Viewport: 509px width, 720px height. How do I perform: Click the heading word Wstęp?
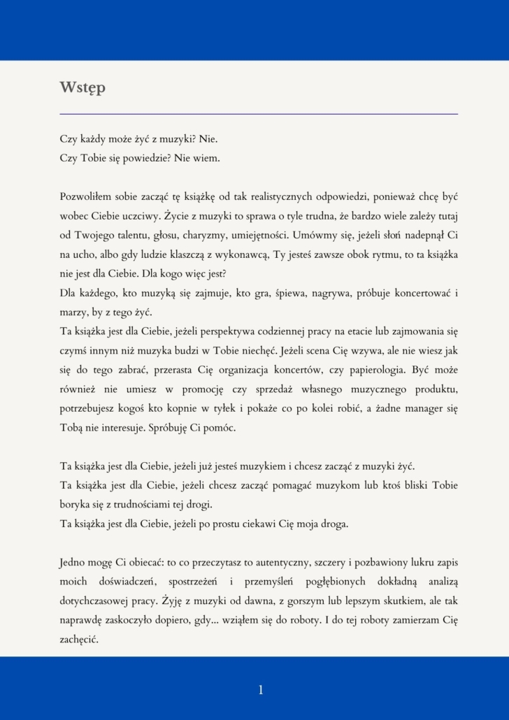pos(83,88)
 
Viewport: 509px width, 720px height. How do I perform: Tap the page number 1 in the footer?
pos(261,690)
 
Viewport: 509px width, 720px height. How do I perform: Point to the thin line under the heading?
pos(259,113)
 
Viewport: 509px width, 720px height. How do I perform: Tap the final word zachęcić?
pos(82,638)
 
